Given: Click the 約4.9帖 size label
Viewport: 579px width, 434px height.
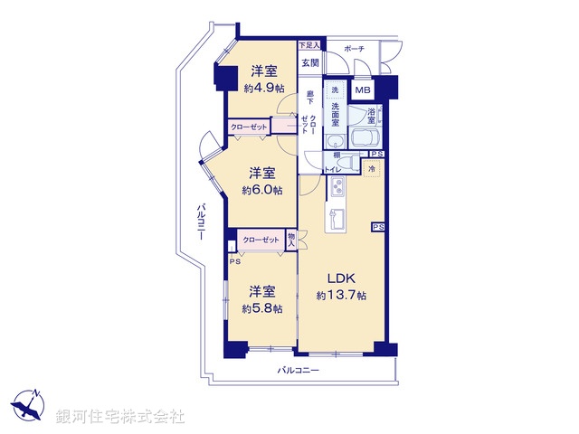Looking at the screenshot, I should [x=262, y=88].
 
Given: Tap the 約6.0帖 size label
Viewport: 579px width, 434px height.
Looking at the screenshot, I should [x=262, y=190].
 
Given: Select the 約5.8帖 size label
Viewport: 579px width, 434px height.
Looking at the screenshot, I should [x=262, y=308].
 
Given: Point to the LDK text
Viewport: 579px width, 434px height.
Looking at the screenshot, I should [x=341, y=278].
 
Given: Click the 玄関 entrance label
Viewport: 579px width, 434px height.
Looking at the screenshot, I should [x=310, y=62].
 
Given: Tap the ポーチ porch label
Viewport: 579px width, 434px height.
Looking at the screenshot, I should [x=354, y=49].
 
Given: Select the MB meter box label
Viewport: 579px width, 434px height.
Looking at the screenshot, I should [x=362, y=90].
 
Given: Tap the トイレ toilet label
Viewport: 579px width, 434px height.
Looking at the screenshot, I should [x=333, y=168].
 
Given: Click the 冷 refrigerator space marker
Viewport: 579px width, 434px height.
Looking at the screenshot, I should [x=372, y=169].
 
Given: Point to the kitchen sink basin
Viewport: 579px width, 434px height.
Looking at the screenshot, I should [x=342, y=219].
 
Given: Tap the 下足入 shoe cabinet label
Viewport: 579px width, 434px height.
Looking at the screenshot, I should [x=309, y=45].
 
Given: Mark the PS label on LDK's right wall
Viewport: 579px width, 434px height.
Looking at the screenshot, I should [x=377, y=227].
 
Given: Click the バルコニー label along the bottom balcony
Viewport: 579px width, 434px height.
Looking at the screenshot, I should [x=298, y=371].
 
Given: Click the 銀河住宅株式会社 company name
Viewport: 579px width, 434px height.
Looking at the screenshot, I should [x=120, y=417].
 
